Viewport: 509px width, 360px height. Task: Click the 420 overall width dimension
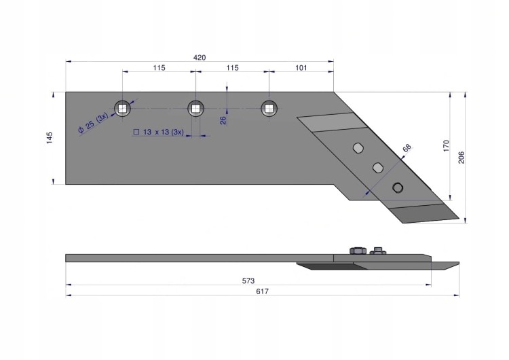200,58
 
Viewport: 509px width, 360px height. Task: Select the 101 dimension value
301,67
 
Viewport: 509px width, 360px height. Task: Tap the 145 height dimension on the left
50,138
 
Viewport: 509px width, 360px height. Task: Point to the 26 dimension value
223,120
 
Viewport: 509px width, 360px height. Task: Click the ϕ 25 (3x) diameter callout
93,122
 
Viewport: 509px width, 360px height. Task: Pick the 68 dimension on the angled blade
407,148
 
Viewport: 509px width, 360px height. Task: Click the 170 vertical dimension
446,146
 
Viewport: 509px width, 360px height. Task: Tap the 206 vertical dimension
461,158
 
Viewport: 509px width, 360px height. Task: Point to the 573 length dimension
248,281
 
